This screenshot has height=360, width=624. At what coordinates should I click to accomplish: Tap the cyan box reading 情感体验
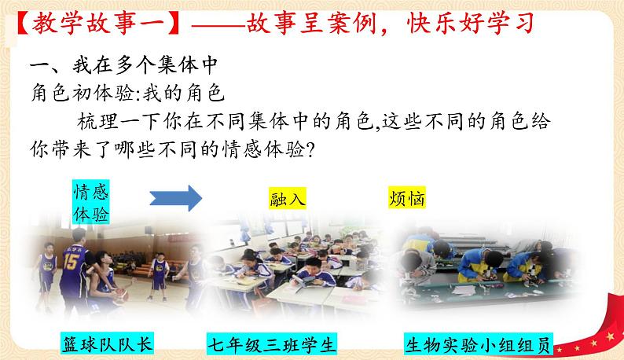coord(91,204)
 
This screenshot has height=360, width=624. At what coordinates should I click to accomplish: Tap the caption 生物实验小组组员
coord(479,344)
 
